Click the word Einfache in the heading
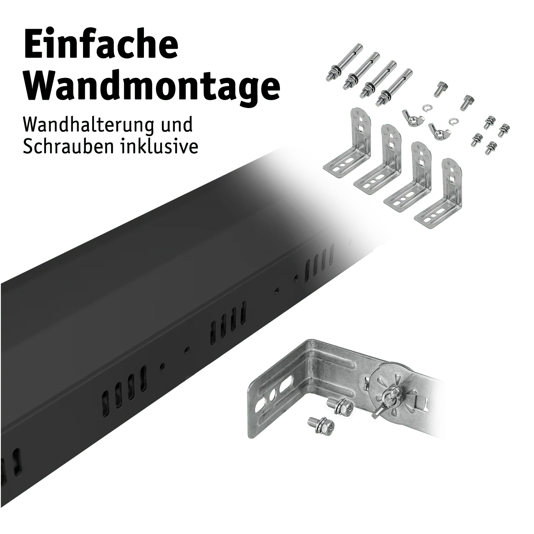click(101, 45)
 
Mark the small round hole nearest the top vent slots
click(297, 277)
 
